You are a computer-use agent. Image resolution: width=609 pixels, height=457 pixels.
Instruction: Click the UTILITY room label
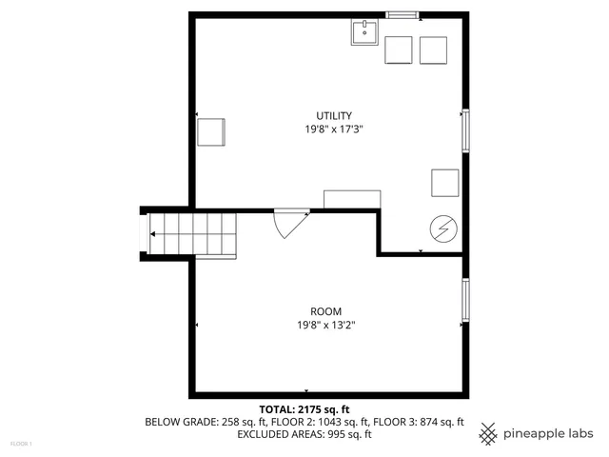pos(327,115)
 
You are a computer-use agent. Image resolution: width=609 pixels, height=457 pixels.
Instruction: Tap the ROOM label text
pos(326,311)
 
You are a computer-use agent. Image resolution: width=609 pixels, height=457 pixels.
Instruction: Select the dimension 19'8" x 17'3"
pos(326,129)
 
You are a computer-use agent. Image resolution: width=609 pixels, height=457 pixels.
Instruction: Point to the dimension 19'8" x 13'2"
pos(326,325)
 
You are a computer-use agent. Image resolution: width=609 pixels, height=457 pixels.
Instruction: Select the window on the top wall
pos(402,14)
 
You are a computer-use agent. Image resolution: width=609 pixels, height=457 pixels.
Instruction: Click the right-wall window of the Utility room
pos(465,130)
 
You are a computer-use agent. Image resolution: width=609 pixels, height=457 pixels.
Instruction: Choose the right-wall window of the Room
pos(465,299)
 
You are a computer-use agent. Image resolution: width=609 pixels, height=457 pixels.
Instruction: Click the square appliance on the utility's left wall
pos(211,131)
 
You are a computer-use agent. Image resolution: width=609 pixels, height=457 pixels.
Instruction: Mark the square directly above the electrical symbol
pos(444,182)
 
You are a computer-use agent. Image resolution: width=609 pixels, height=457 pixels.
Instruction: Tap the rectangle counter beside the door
pos(352,199)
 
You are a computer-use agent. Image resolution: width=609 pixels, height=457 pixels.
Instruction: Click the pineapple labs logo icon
pos(488,433)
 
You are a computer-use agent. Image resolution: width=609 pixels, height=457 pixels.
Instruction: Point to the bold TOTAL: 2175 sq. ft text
pos(305,408)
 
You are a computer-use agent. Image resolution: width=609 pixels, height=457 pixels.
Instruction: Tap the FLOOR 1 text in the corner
pos(21,444)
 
